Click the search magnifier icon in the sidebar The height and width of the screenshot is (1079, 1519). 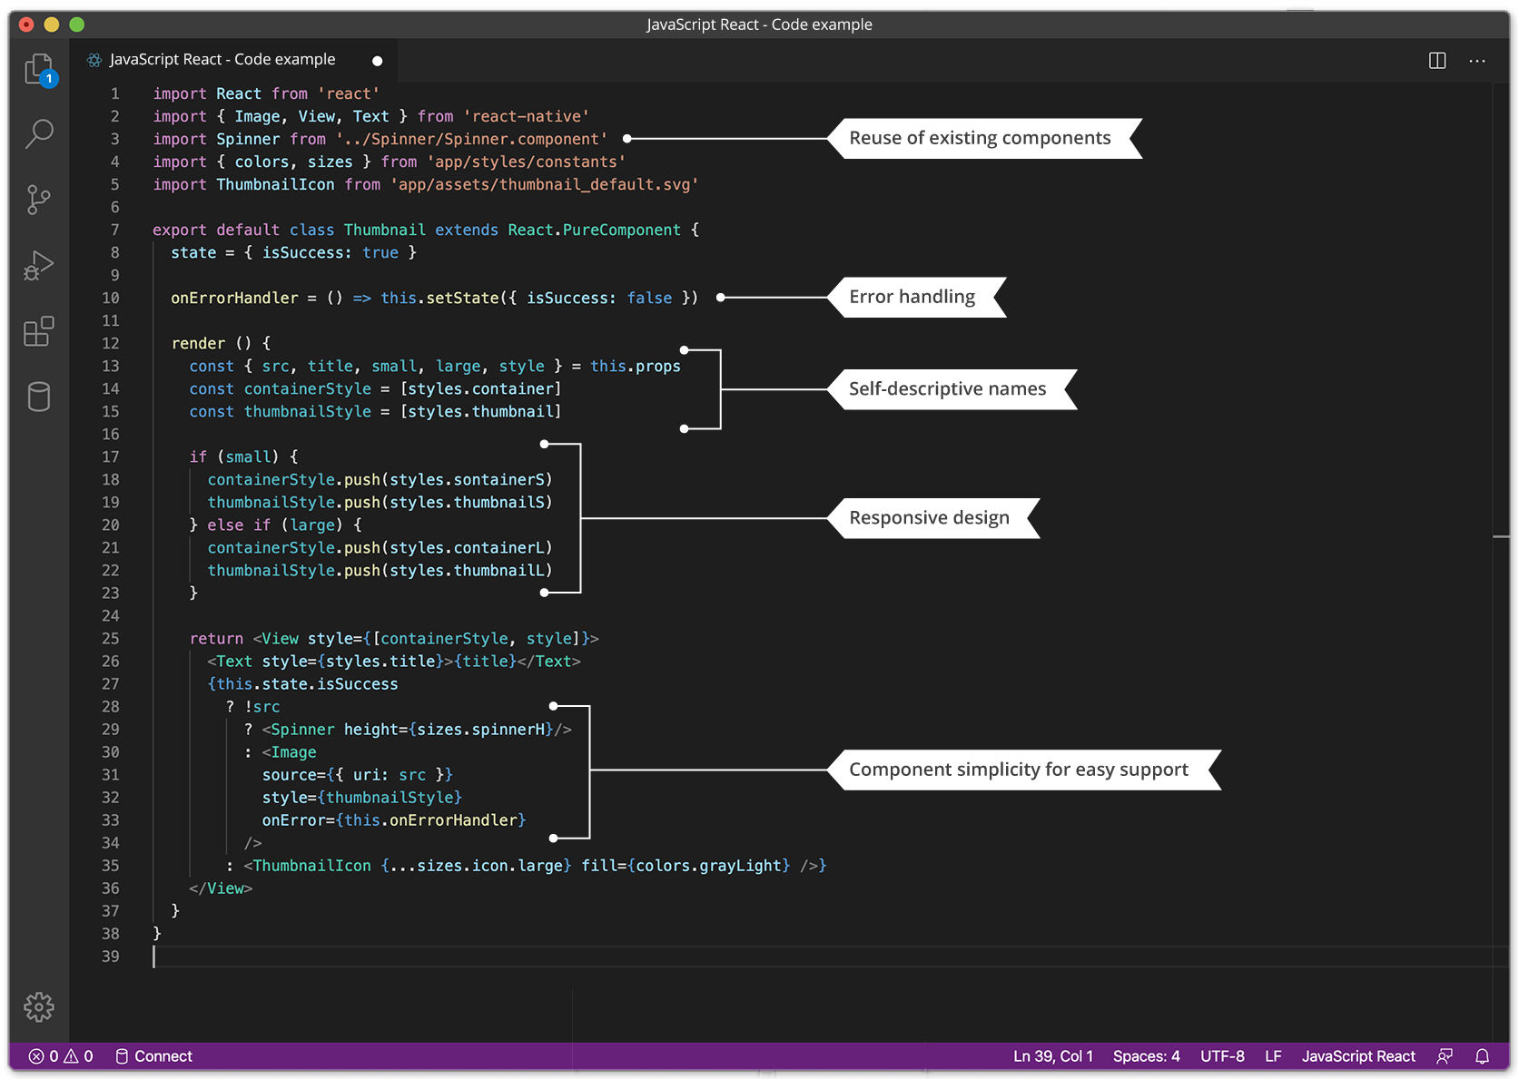tap(39, 133)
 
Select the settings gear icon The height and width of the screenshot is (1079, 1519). tap(39, 1006)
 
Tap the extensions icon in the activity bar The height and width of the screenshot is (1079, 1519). tap(39, 331)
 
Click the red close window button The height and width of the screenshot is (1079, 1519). tap(26, 25)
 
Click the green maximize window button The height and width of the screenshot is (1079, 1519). tap(77, 25)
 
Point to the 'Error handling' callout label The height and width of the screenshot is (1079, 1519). tap(912, 297)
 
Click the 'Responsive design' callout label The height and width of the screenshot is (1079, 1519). tap(929, 518)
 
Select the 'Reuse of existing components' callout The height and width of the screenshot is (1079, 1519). tap(980, 138)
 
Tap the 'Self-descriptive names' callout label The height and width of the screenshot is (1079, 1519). tap(947, 389)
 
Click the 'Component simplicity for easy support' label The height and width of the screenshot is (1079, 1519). tap(1019, 770)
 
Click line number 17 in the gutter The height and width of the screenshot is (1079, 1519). tap(111, 456)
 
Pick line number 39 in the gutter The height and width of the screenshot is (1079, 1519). tap(111, 956)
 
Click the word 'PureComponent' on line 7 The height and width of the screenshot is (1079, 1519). tap(621, 230)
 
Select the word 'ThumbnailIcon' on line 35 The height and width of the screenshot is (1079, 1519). tap(311, 866)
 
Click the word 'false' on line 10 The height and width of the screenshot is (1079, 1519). tap(649, 298)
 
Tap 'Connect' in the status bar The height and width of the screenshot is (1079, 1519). tap(163, 1056)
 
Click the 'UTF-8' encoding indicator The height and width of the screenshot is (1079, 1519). tap(1222, 1056)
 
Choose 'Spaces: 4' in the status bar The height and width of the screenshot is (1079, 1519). tap(1146, 1056)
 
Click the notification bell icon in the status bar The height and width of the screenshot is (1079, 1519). tap(1482, 1056)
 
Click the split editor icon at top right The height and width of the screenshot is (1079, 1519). tap(1437, 61)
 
